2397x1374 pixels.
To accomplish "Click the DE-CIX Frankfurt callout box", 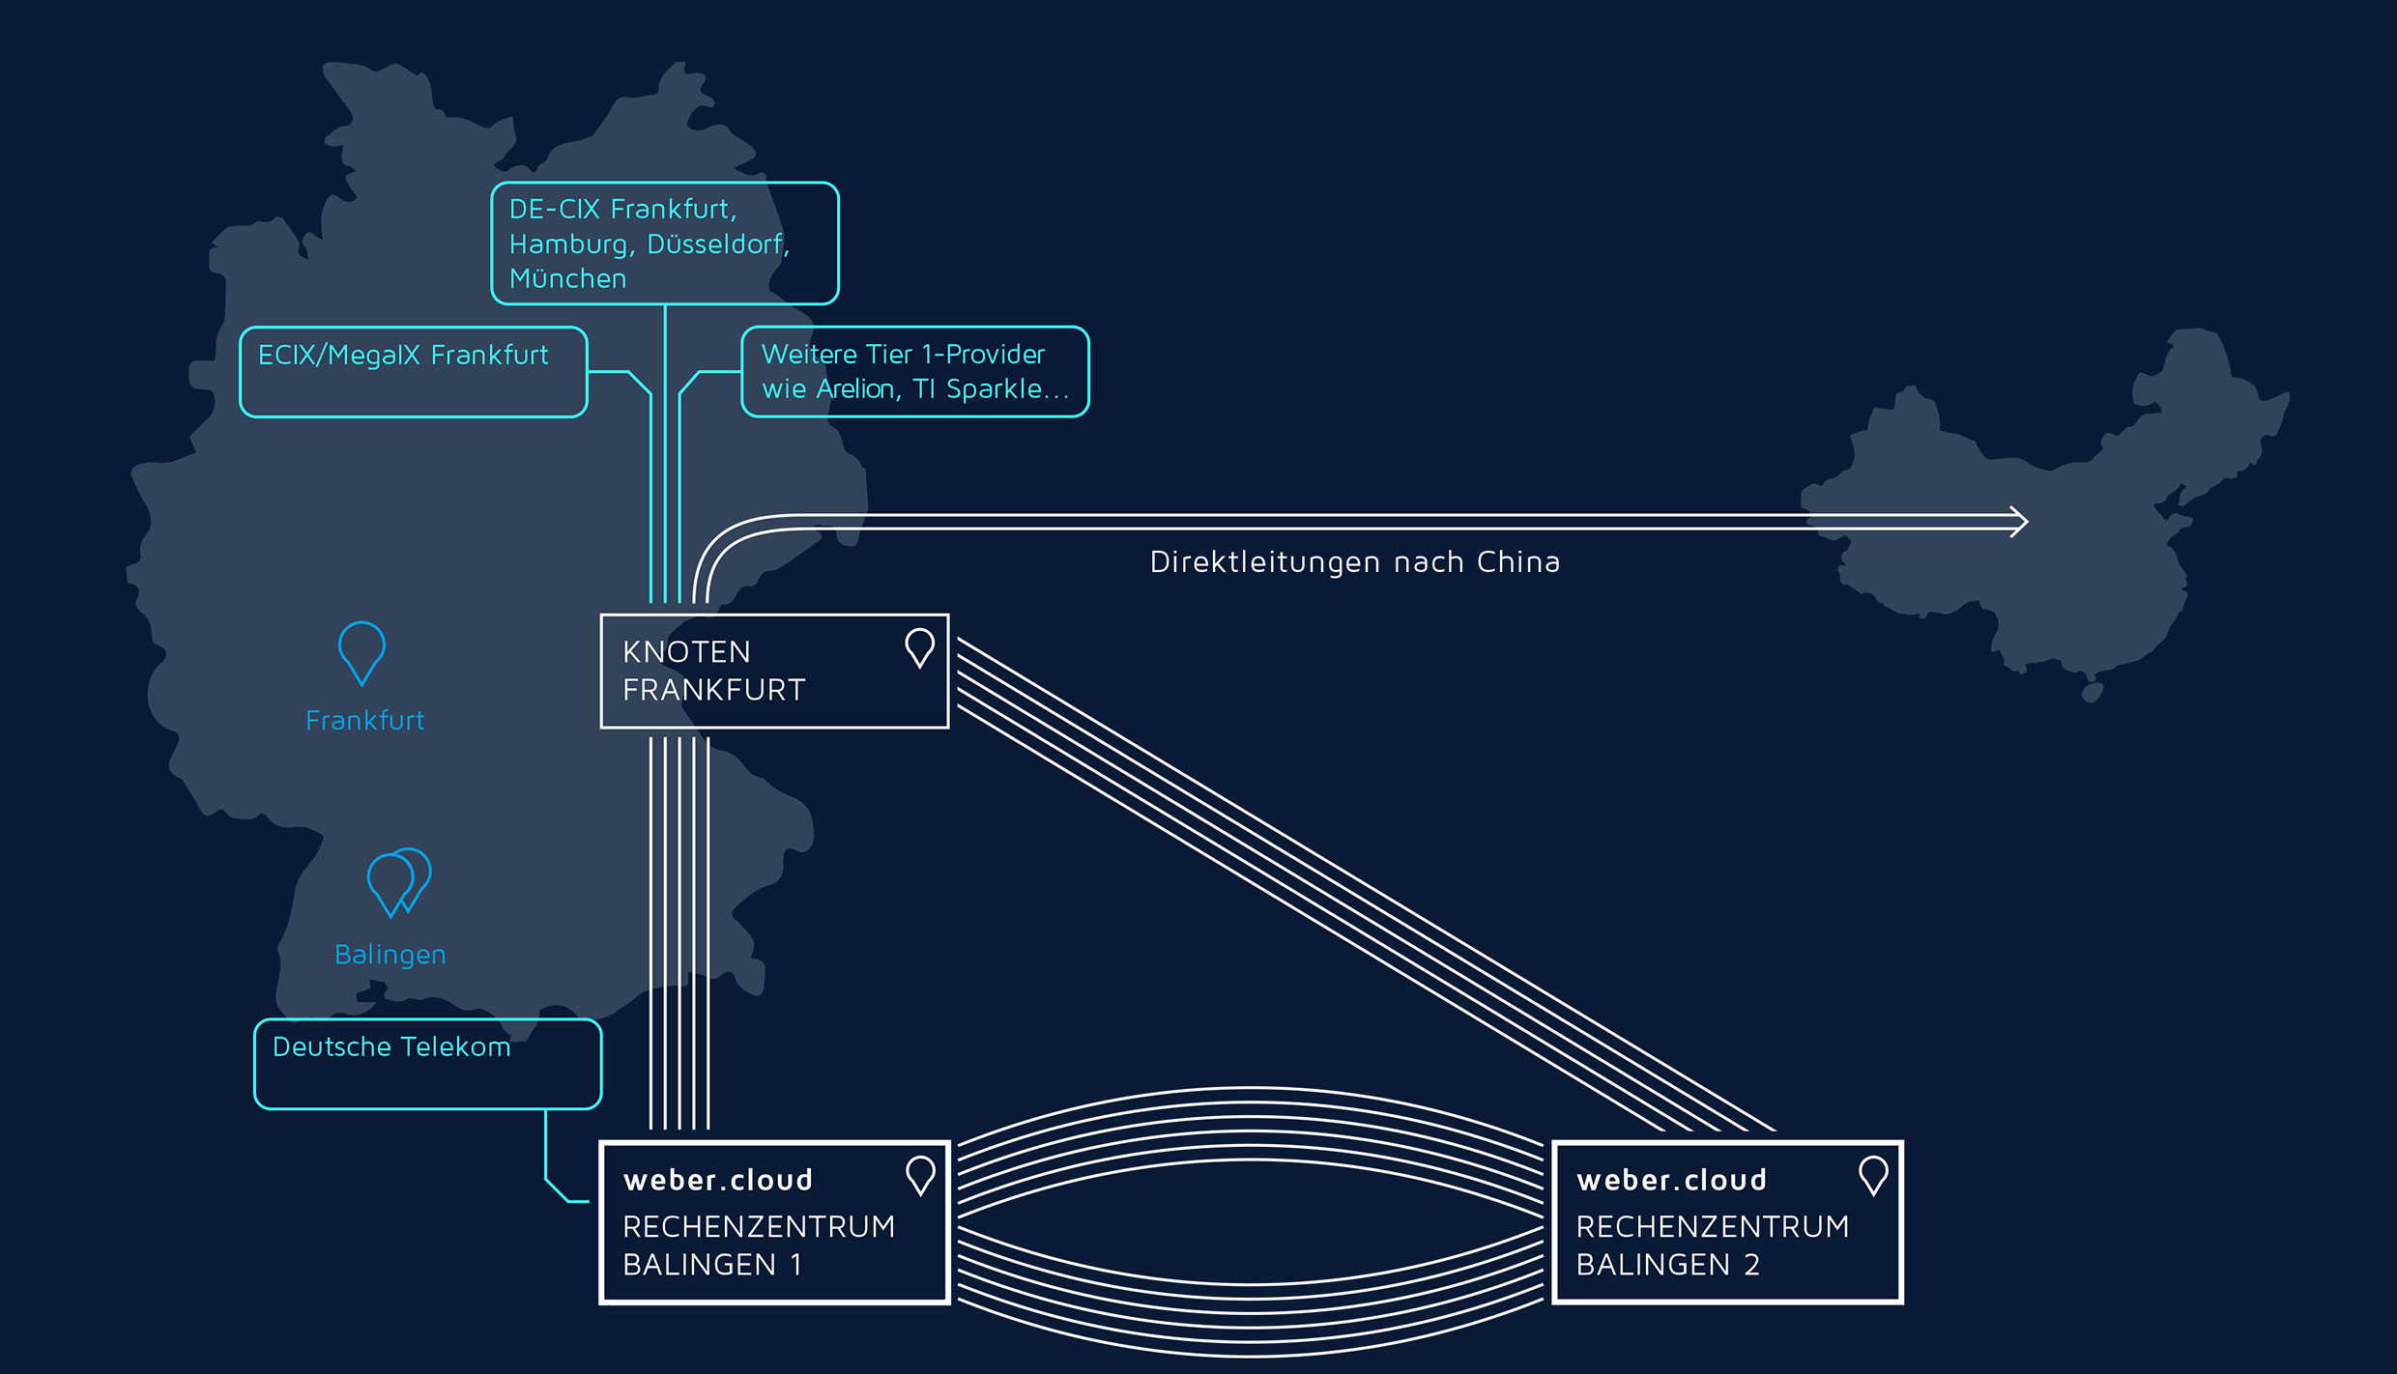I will click(664, 243).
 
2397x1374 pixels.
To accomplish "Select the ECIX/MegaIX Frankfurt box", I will click(413, 372).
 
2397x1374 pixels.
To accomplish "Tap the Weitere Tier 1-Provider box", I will click(914, 372).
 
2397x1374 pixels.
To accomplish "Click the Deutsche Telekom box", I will click(427, 1064).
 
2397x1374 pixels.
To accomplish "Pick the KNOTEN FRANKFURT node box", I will click(774, 672).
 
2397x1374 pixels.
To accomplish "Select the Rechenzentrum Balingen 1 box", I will click(774, 1222).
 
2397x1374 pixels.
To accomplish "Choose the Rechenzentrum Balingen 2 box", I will click(1727, 1222).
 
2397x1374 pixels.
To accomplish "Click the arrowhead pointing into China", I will click(2020, 522).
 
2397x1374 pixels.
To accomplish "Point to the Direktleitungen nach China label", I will click(1354, 562).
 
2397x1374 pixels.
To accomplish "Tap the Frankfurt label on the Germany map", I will click(364, 721).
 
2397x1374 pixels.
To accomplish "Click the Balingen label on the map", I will click(390, 955).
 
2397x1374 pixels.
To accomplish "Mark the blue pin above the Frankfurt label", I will click(361, 650).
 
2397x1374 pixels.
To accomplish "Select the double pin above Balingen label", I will click(398, 880).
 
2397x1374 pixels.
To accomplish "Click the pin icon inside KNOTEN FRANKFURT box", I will click(919, 646).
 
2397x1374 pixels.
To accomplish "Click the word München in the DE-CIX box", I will click(567, 279).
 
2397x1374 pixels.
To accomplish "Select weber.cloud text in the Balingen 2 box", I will click(1671, 1180).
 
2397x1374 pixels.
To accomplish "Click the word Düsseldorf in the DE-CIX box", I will click(717, 244).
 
